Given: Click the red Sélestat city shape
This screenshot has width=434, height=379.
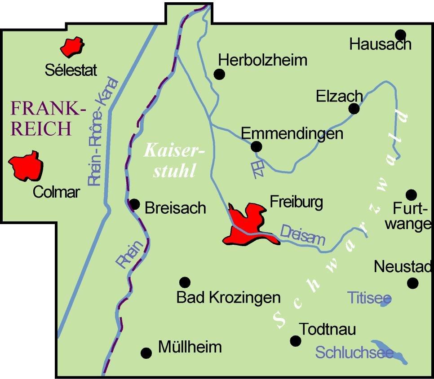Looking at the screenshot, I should coord(72,47).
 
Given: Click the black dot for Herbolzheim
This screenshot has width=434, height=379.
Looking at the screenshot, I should coord(219,75).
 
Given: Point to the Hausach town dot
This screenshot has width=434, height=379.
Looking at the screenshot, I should coord(400,35).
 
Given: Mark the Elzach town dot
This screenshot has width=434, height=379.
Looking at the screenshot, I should coord(354,109).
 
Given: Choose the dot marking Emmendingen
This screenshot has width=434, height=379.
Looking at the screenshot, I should coord(256,146).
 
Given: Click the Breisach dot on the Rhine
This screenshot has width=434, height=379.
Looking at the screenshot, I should coord(134,204).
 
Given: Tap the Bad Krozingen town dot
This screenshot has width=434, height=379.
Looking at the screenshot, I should coord(185,282).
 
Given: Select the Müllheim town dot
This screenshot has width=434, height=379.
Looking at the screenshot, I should coord(146,353).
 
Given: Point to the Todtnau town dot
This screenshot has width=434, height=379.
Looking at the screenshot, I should coord(295,341).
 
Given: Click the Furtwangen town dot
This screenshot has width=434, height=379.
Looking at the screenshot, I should coord(411,195).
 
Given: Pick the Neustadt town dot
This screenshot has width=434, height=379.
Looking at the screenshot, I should coord(412,283).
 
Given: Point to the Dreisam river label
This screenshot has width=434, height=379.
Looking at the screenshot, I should coord(302,235).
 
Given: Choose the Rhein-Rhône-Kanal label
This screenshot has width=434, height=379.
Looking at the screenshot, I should coord(103,132).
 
